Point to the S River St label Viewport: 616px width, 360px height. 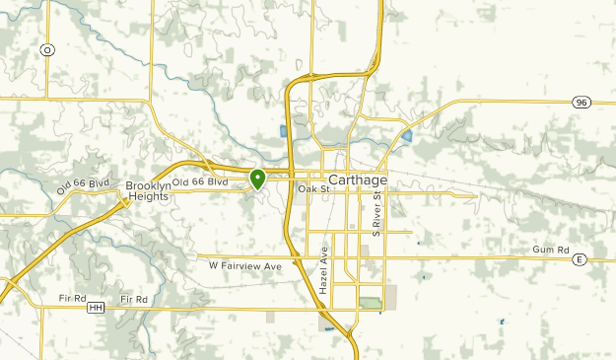tap(376, 212)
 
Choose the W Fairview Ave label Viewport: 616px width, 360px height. tap(245, 266)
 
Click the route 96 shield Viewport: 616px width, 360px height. tap(582, 101)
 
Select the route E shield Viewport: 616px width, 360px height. tap(581, 259)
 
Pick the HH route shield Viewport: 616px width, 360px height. tap(96, 308)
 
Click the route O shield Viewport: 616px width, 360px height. tap(45, 49)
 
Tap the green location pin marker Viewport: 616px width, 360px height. tap(257, 179)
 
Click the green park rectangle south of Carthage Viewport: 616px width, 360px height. tap(370, 302)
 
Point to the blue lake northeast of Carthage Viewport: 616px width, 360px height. tap(406, 135)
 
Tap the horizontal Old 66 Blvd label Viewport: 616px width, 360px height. tap(200, 182)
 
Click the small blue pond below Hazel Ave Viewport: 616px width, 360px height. tap(329, 325)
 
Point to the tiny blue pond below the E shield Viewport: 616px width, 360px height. tap(502, 322)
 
